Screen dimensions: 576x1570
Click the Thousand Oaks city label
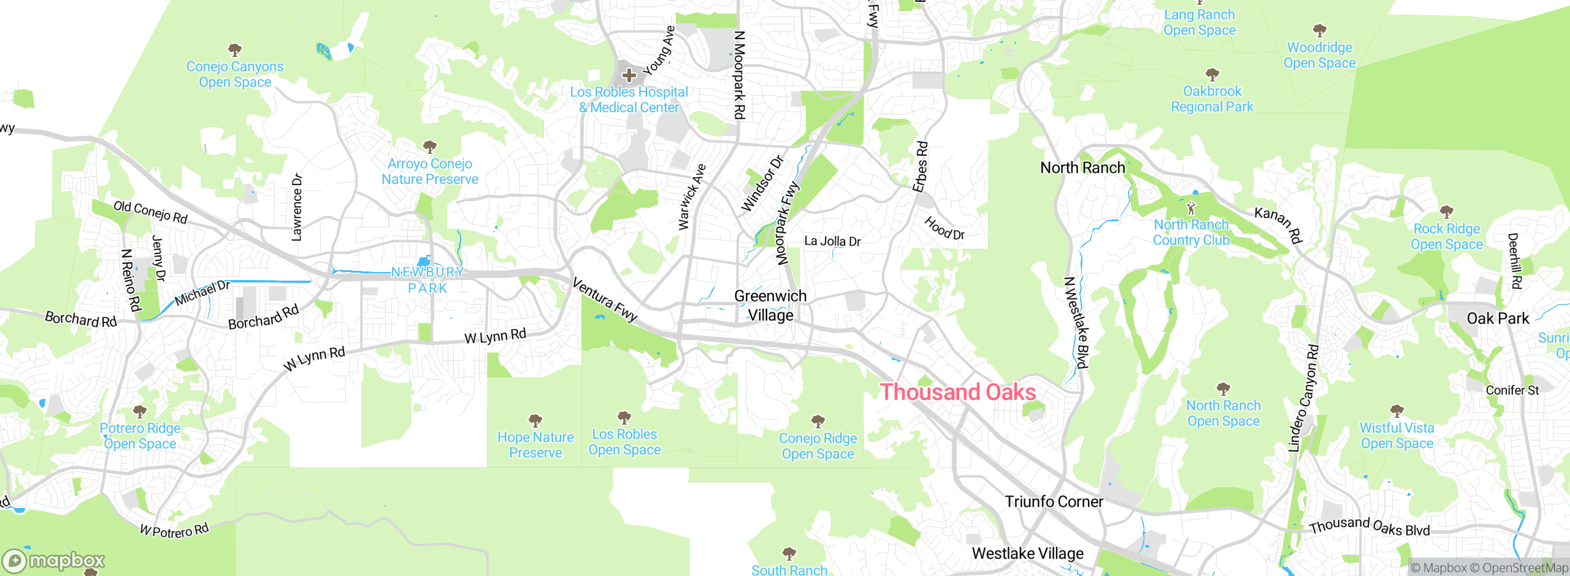[x=957, y=392]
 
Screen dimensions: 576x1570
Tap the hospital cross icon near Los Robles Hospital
[x=629, y=75]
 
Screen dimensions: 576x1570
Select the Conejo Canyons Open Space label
[x=235, y=74]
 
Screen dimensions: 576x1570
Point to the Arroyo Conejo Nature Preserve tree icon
[x=430, y=147]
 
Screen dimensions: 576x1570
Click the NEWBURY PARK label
[x=427, y=280]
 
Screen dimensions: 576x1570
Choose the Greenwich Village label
[x=770, y=305]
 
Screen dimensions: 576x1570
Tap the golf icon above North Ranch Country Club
[x=1191, y=208]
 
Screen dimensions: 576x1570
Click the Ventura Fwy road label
[x=605, y=300]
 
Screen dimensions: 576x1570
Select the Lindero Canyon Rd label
[x=1303, y=398]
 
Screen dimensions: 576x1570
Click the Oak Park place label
[x=1498, y=319]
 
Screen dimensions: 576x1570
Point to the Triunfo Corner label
[x=1054, y=502]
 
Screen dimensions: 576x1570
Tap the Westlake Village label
[x=1027, y=554]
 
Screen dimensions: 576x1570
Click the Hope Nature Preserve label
[x=535, y=445]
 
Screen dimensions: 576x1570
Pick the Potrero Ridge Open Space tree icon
[x=140, y=411]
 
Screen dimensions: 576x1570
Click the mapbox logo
[x=54, y=561]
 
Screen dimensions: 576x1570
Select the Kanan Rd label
[x=1277, y=225]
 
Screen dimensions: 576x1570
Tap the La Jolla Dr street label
[x=832, y=241]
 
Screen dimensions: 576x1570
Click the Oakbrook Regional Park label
[x=1212, y=99]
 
